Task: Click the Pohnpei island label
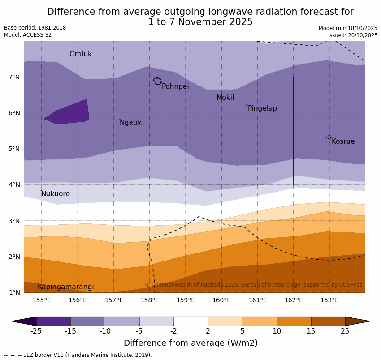[175, 86]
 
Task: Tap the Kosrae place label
[343, 141]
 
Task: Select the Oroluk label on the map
[80, 54]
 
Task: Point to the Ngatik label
[130, 123]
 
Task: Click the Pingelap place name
[262, 108]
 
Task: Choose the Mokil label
[225, 98]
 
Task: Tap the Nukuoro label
[56, 194]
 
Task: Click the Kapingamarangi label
[66, 287]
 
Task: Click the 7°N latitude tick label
[14, 77]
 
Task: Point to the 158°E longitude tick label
[150, 300]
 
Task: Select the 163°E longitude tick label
[329, 300]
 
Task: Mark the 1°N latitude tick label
[14, 292]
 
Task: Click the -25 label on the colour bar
[36, 331]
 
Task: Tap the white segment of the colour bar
[190, 321]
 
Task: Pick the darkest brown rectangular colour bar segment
[328, 321]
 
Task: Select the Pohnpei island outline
[157, 81]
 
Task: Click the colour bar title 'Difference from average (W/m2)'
[190, 343]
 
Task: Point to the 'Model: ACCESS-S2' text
[28, 35]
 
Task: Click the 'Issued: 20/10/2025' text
[352, 35]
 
